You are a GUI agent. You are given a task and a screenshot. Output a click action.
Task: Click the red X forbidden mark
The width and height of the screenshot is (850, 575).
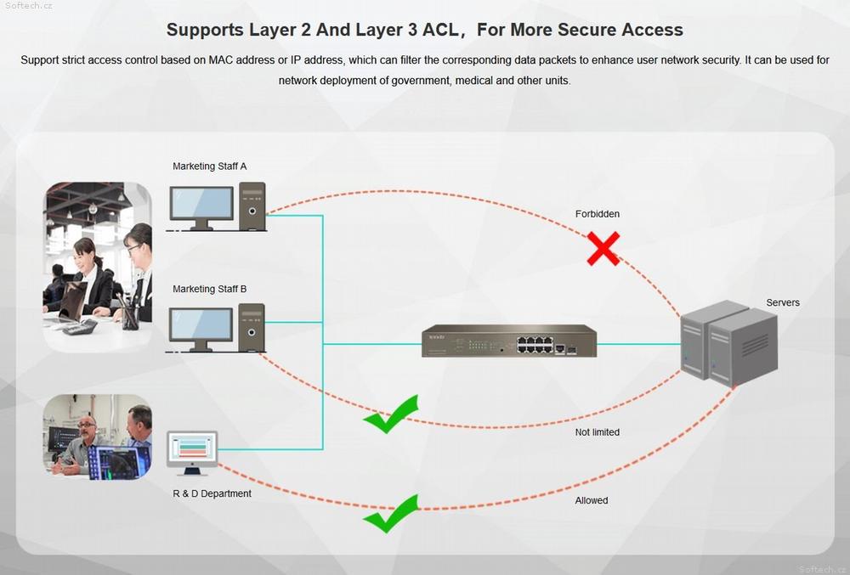603,249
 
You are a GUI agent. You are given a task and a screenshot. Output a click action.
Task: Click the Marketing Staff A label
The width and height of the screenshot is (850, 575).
209,166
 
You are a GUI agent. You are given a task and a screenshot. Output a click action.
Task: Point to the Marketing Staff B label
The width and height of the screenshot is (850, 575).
209,289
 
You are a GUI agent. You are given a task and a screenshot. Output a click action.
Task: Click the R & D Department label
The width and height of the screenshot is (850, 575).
212,493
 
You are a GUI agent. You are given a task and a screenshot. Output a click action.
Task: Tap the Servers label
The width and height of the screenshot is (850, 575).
782,302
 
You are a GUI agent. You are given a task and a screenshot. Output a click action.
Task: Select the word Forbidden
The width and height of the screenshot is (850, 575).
598,214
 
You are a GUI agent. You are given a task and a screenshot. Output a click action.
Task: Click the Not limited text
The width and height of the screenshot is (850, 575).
597,432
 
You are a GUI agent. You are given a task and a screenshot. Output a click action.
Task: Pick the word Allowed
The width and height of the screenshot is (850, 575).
592,500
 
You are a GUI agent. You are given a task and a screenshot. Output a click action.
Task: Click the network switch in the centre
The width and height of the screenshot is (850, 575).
509,341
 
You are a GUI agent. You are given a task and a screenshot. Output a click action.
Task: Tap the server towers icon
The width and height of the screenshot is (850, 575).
729,343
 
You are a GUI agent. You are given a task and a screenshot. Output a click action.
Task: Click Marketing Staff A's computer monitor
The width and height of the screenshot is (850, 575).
201,207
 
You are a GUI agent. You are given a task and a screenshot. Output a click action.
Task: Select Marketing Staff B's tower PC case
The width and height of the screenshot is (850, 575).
252,328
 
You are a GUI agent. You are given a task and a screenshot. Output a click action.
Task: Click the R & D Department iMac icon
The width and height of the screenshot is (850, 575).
192,453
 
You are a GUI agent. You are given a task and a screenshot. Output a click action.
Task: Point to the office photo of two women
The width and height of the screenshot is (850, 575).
98,267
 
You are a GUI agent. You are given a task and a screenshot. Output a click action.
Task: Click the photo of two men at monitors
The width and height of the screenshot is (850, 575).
98,437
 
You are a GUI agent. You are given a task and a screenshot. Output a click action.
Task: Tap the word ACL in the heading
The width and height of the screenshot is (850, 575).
439,29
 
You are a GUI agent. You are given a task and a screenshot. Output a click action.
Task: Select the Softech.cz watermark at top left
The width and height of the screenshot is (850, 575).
29,6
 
